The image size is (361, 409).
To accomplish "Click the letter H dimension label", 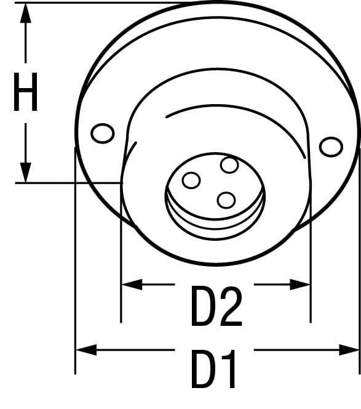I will pos(26,92).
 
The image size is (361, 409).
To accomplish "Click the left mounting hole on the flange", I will pos(101,132).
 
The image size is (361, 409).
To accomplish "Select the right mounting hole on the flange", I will pos(331,146).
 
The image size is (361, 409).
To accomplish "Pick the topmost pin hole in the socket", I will pos(229,165).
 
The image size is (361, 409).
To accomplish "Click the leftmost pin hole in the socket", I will pos(191,180).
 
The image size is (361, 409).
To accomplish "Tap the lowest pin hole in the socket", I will pos(226,200).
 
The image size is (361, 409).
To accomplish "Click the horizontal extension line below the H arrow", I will pos(68,182).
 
